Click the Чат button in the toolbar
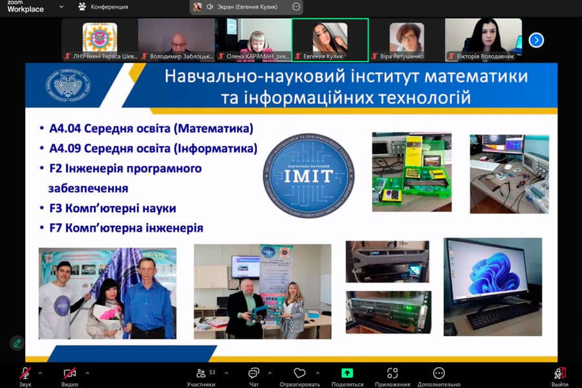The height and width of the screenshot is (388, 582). (x=253, y=373)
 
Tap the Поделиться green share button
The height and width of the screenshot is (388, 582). (x=347, y=373)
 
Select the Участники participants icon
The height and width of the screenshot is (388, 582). (x=201, y=373)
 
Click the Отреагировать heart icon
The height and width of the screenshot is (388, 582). (x=299, y=373)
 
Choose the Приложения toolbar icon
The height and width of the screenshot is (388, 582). (x=393, y=373)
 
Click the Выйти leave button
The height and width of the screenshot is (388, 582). (x=560, y=373)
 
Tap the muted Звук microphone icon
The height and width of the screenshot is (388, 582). (x=25, y=373)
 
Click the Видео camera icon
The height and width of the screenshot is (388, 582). (x=69, y=373)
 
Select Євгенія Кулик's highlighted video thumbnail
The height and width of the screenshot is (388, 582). (x=330, y=39)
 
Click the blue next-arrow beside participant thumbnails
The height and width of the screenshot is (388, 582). (x=536, y=40)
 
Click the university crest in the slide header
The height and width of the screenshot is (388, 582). (x=68, y=85)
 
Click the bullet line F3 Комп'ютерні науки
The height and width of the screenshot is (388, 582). (x=113, y=208)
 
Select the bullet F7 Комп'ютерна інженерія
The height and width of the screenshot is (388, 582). (x=126, y=228)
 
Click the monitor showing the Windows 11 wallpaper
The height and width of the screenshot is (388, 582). (x=493, y=272)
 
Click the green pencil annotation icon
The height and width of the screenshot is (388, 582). (x=17, y=343)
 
